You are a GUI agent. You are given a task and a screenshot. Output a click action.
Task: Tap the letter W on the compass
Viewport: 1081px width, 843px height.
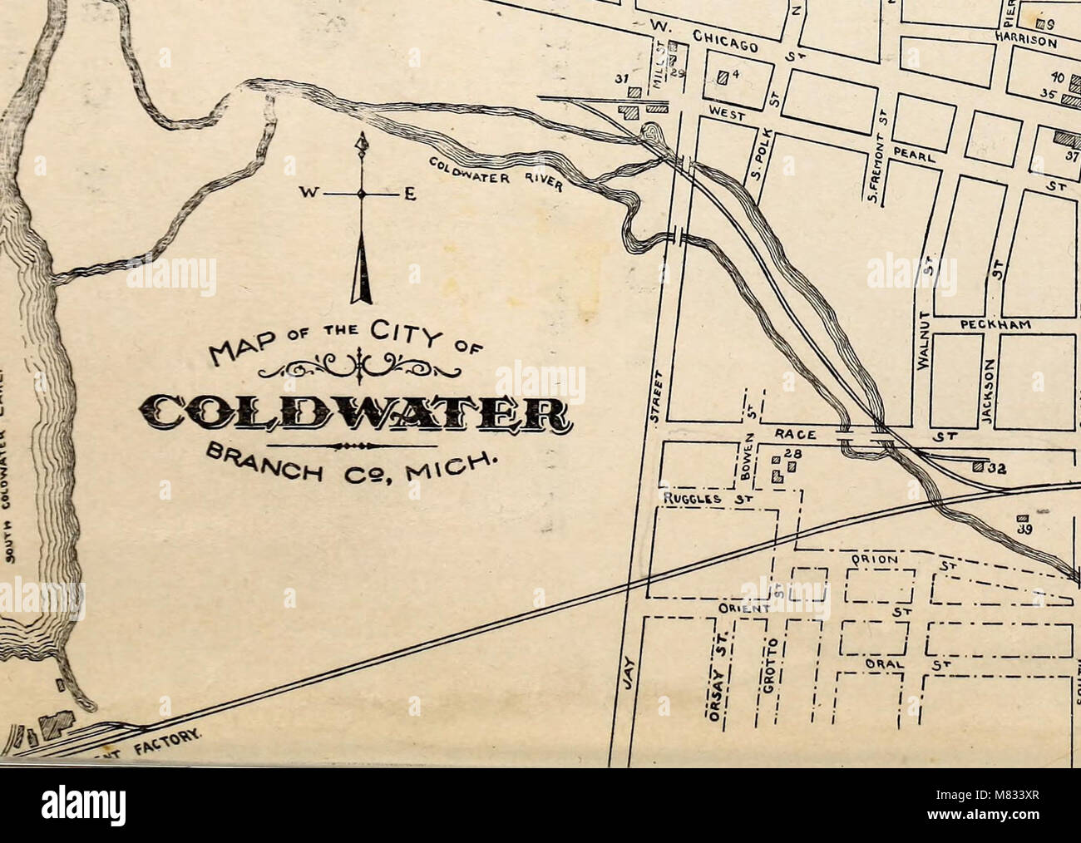pos(314,193)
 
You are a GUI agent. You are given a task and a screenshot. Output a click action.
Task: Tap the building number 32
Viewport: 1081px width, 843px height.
pos(996,468)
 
